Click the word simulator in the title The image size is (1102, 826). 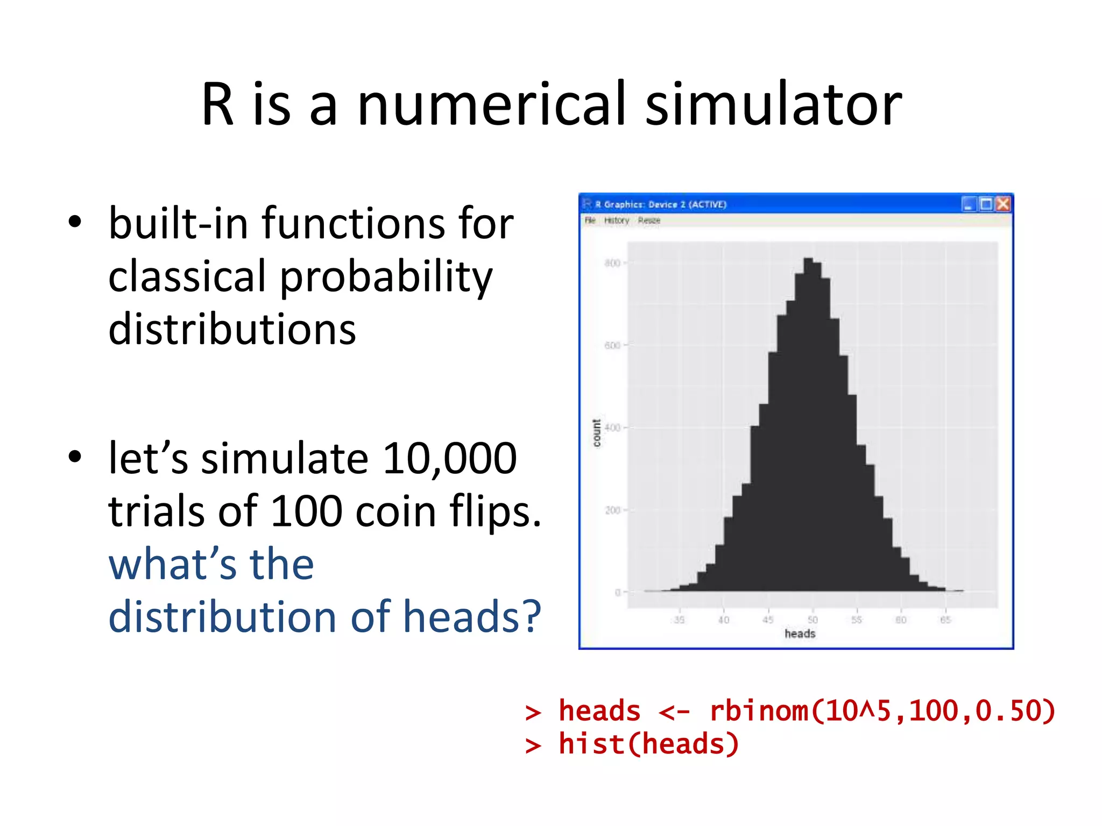(x=773, y=104)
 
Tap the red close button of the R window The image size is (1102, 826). (x=1003, y=204)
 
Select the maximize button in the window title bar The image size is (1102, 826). (x=986, y=204)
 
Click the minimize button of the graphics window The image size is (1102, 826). (x=969, y=204)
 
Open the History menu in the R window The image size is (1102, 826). (x=616, y=220)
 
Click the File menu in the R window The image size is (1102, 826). (x=590, y=220)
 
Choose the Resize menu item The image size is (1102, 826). (x=649, y=220)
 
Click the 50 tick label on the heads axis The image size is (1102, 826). (x=813, y=620)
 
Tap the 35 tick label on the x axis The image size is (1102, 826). (x=680, y=620)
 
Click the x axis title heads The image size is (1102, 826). (x=800, y=634)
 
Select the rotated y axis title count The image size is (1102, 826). (x=597, y=433)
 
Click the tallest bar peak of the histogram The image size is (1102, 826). (x=808, y=260)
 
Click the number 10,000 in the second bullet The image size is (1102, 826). (x=449, y=459)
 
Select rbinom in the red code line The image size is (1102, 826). (x=759, y=711)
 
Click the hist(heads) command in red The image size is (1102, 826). (x=648, y=745)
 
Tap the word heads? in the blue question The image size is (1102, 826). (x=472, y=617)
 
